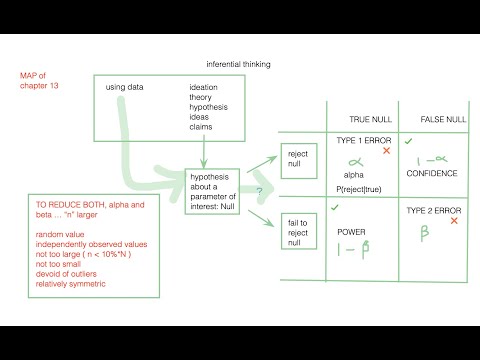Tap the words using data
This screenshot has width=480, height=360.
[x=125, y=87]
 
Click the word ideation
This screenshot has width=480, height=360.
[x=204, y=87]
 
